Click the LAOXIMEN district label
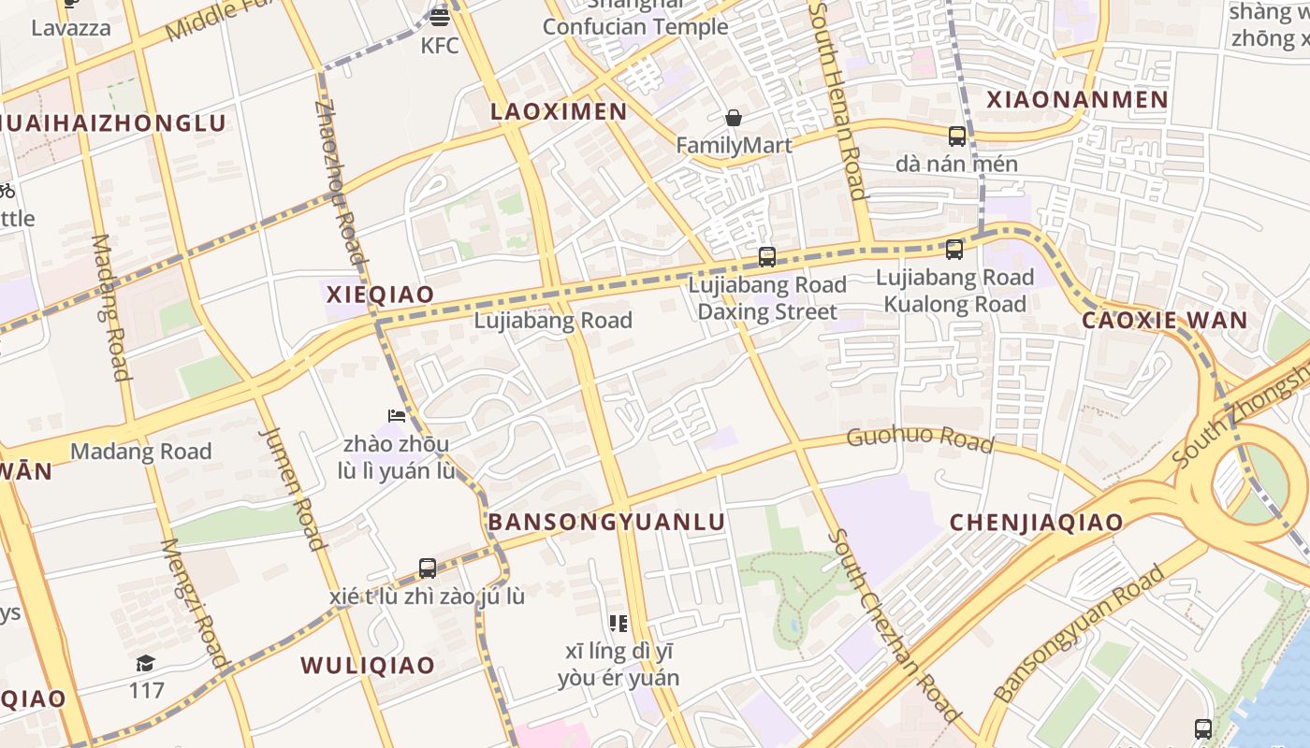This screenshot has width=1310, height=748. click(559, 111)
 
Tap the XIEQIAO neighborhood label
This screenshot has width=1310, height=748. click(380, 295)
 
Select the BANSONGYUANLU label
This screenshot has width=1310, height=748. click(606, 522)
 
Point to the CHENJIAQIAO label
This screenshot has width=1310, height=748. click(1036, 523)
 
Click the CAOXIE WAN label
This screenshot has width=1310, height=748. click(1164, 320)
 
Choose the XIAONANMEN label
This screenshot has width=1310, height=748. click(1077, 99)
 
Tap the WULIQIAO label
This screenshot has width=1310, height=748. click(367, 665)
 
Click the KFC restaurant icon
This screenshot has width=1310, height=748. click(440, 16)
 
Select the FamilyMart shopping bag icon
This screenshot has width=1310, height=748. click(734, 118)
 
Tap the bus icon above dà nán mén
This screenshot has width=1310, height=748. click(956, 137)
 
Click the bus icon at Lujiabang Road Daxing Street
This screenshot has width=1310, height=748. click(767, 256)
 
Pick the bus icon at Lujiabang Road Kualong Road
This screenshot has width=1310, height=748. click(953, 250)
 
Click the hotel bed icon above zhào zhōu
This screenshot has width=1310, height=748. click(396, 415)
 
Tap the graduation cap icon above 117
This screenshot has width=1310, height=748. click(145, 663)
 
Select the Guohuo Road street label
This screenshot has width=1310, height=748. click(919, 439)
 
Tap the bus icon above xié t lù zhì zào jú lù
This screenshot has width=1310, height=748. click(428, 568)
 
